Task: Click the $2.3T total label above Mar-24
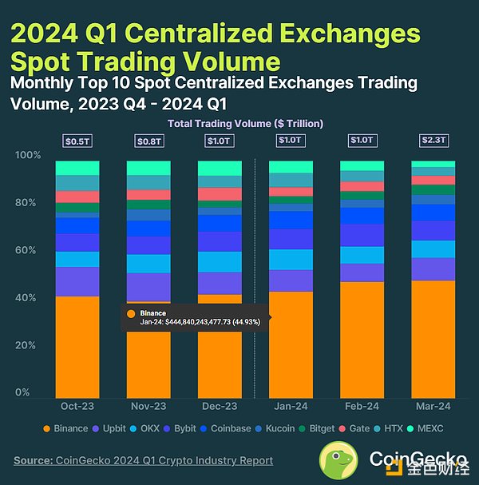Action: [433, 141]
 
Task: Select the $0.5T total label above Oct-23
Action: [77, 141]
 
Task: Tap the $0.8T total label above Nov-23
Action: [148, 141]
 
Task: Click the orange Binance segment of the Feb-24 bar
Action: [362, 340]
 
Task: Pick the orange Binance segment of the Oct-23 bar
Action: [77, 347]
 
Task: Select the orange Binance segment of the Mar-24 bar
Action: [433, 339]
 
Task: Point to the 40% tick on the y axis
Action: [26, 298]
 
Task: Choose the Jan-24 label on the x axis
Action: [291, 407]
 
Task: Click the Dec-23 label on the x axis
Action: [220, 407]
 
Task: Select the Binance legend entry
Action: [65, 429]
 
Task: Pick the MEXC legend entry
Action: [423, 429]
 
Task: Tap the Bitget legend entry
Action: [315, 429]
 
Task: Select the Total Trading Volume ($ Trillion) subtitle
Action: [244, 123]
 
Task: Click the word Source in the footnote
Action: [32, 460]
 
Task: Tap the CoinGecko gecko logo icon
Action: [341, 461]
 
